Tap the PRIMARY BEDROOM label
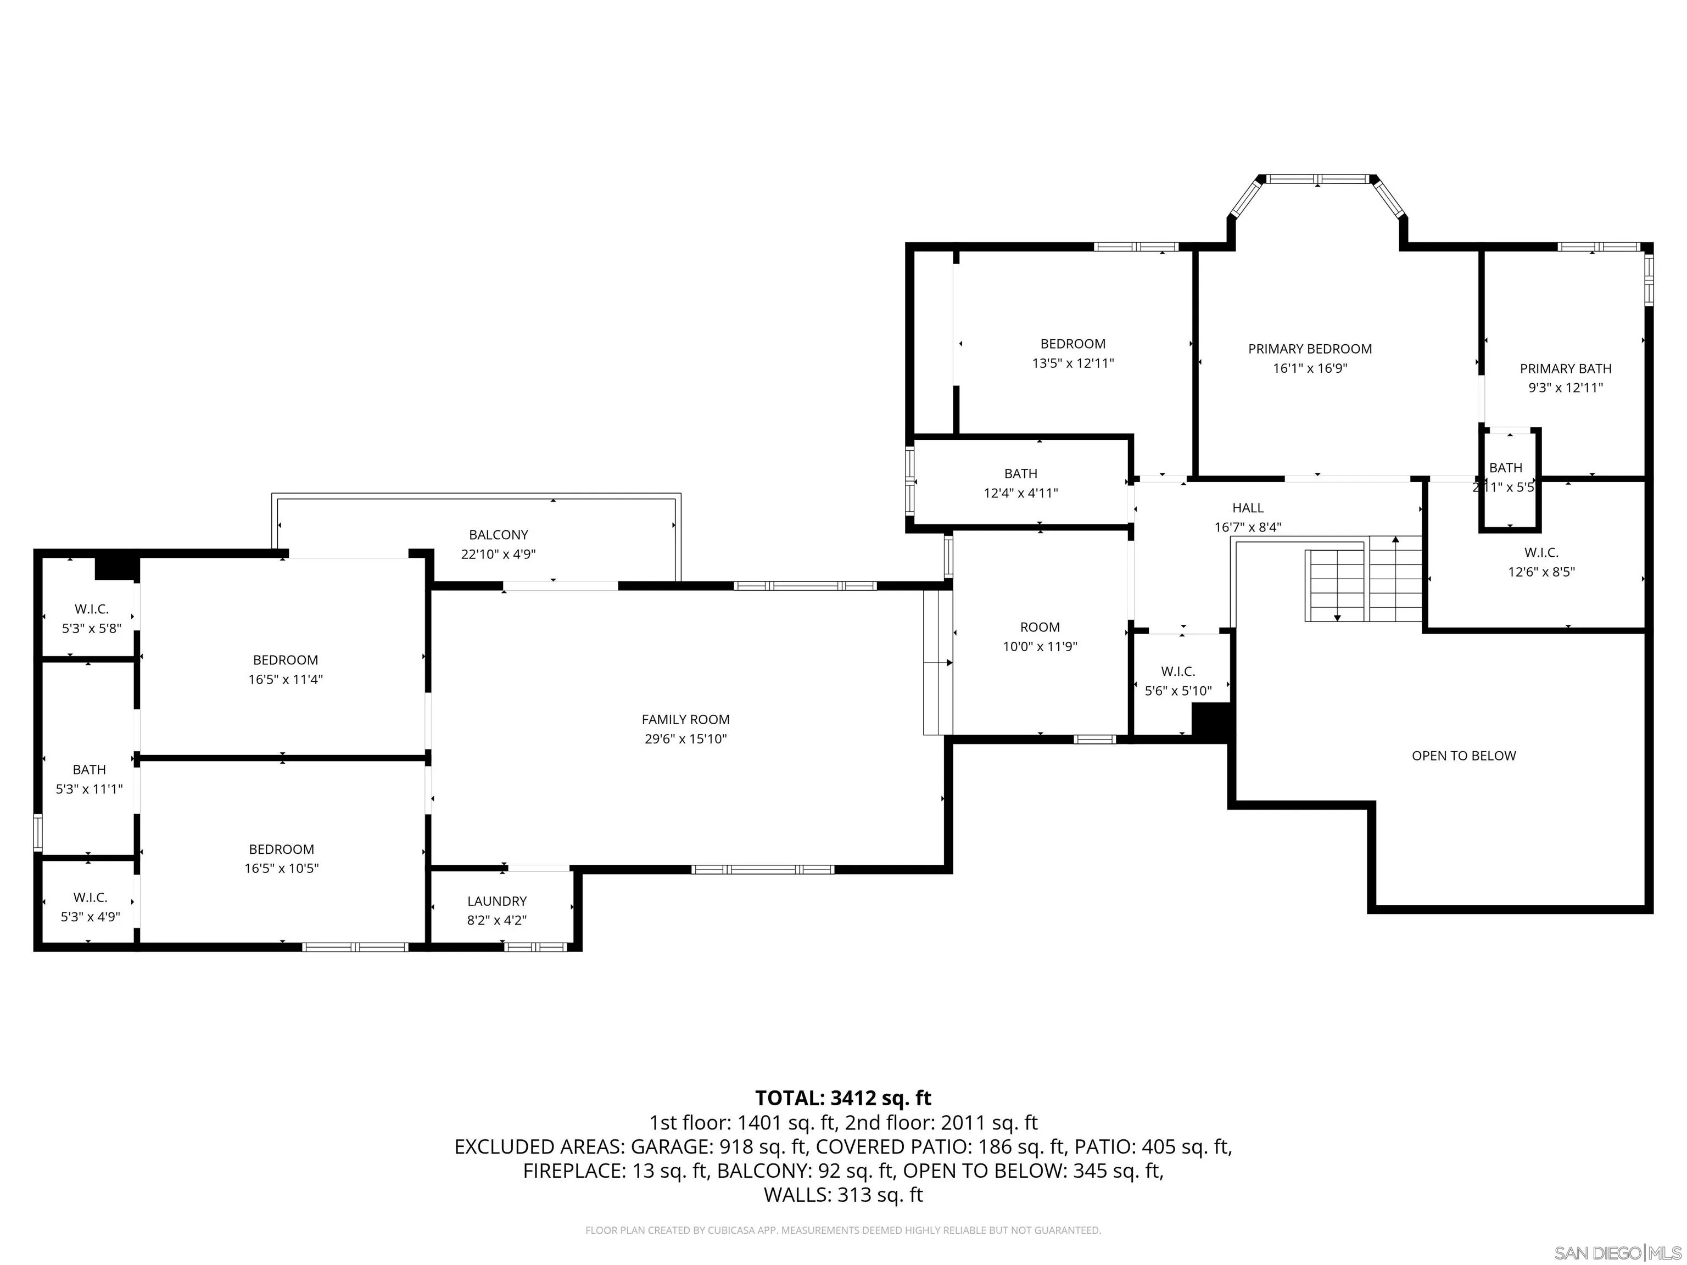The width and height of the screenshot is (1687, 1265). (x=1310, y=349)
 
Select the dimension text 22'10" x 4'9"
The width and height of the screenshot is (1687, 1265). (x=498, y=555)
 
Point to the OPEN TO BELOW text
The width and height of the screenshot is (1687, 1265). (x=1463, y=755)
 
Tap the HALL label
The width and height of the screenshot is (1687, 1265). (x=1248, y=508)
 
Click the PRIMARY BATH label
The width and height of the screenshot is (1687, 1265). (x=1565, y=369)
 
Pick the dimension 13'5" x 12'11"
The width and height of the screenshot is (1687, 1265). (x=1072, y=363)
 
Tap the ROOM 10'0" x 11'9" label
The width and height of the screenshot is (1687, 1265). (x=1040, y=637)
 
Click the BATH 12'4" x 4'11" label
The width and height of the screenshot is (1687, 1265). (x=1020, y=483)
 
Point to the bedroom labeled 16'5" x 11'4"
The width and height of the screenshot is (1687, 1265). (x=285, y=669)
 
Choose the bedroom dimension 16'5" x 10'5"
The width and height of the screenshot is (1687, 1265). (x=281, y=869)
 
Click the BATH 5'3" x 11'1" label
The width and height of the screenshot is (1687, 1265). (x=89, y=779)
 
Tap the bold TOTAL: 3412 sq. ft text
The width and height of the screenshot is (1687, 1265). (x=843, y=1098)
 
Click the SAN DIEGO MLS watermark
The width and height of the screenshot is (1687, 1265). (x=1617, y=1253)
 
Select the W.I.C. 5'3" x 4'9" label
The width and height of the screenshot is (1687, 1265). (x=90, y=906)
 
